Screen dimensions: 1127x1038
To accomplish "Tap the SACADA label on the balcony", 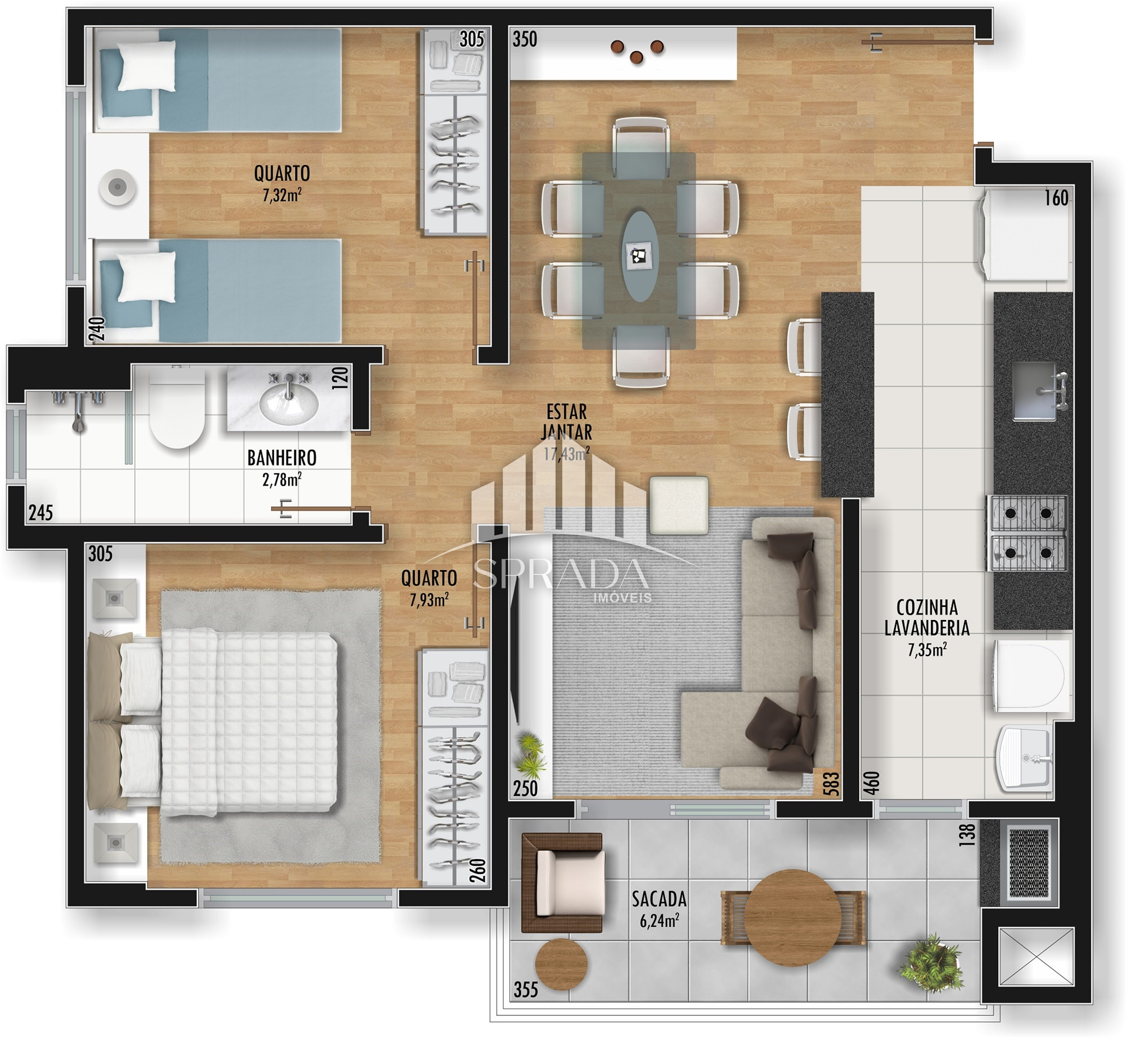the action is click(x=659, y=899).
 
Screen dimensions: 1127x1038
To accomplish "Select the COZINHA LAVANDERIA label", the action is click(x=927, y=618).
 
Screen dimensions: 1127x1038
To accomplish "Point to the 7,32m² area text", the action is click(x=282, y=195).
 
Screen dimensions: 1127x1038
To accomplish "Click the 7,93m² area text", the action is click(x=429, y=600).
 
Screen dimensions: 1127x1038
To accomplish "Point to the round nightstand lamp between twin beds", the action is click(x=118, y=187).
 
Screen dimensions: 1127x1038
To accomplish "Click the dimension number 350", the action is click(x=525, y=39).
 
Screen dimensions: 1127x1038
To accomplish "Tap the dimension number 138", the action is click(x=968, y=835).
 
